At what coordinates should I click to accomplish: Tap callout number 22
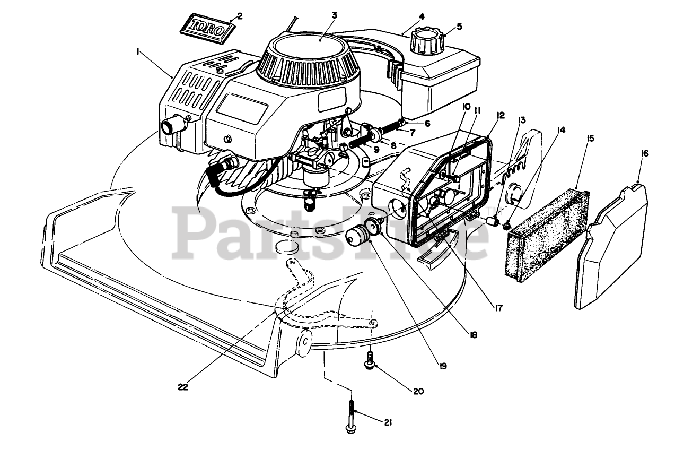183,387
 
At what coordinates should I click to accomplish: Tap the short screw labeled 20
367,359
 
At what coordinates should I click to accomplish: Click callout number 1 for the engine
137,51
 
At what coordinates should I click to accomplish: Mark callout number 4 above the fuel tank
421,16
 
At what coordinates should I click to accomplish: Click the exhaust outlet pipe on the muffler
172,126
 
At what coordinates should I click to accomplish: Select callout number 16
644,153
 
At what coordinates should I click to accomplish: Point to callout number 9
376,150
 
